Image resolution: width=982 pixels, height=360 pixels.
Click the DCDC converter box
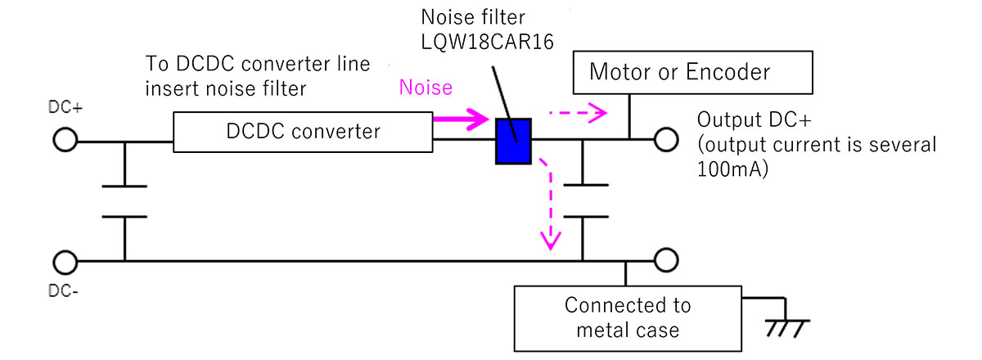[x=304, y=131]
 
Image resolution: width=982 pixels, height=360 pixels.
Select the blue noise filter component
[x=515, y=142]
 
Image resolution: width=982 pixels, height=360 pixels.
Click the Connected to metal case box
[x=628, y=317]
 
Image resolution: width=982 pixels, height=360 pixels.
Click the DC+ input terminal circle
[x=65, y=141]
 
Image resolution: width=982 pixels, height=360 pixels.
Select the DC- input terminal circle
[x=65, y=261]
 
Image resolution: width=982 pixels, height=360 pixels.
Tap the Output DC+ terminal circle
[x=667, y=141]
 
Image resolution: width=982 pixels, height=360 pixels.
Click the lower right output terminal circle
[x=667, y=261]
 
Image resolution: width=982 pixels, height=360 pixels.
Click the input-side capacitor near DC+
[x=124, y=201]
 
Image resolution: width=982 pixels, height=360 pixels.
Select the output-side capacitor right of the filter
[x=584, y=201]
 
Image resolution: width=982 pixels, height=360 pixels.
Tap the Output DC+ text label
[x=754, y=120]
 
